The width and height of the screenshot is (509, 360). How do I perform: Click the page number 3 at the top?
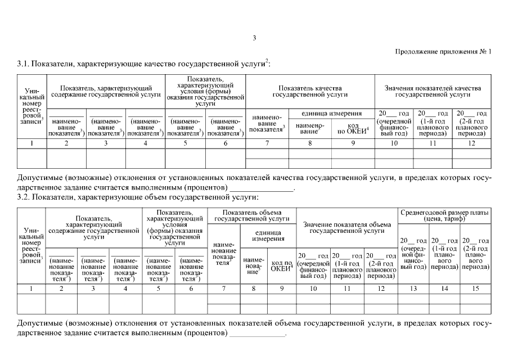pos(254,38)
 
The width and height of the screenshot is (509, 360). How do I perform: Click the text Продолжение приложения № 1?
pos(444,52)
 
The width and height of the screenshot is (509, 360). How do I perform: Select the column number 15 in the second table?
pos(476,288)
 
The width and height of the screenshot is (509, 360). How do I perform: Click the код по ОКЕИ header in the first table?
pos(353,128)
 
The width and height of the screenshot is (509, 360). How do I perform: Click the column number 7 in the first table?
pos(268,144)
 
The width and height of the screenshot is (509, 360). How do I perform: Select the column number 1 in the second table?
pos(31,288)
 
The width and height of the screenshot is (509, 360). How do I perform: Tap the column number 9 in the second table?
pos(281,288)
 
